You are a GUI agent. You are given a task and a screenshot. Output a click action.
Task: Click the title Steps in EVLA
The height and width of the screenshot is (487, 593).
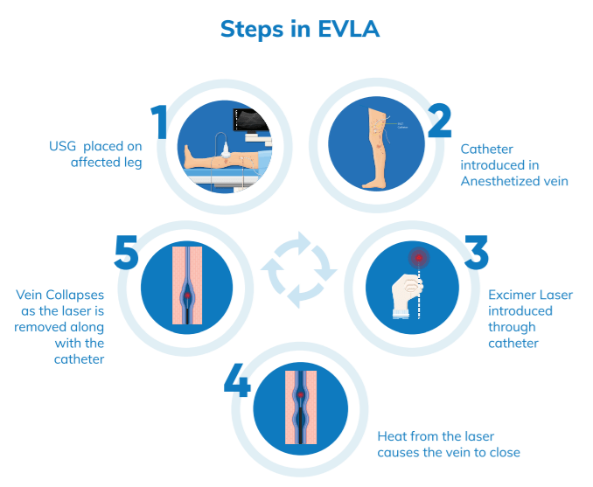coord(297,29)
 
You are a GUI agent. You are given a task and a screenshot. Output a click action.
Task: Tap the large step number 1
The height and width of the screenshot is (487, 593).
coord(158,122)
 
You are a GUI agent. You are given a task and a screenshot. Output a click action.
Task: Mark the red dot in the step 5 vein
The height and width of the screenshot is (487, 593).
coord(187,296)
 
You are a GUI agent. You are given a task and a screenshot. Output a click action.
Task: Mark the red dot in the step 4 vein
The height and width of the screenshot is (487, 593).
coord(300,395)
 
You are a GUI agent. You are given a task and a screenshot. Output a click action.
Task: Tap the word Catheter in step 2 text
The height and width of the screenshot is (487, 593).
coord(488,149)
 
